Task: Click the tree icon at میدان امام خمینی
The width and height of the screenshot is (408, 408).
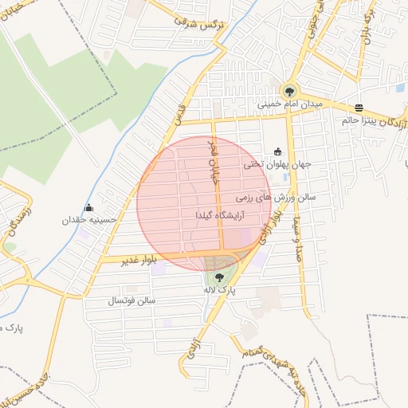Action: coord(289,90)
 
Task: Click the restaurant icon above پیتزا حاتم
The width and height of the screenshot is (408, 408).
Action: coord(359,108)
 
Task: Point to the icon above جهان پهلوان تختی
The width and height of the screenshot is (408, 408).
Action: coord(277,151)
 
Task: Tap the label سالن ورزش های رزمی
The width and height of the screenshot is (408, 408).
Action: coord(277,195)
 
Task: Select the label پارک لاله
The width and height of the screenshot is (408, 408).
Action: coord(219,292)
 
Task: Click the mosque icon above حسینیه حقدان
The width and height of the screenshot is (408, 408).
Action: coord(88,207)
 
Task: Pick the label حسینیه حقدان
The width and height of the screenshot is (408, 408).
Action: coord(90,220)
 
